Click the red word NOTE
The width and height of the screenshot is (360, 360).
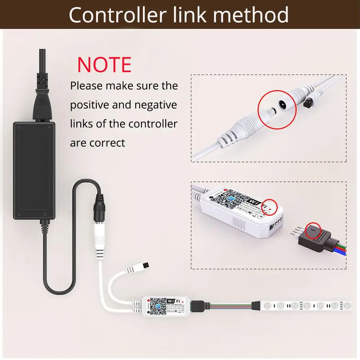(x=104, y=65)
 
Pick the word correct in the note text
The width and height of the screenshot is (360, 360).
(x=107, y=143)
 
